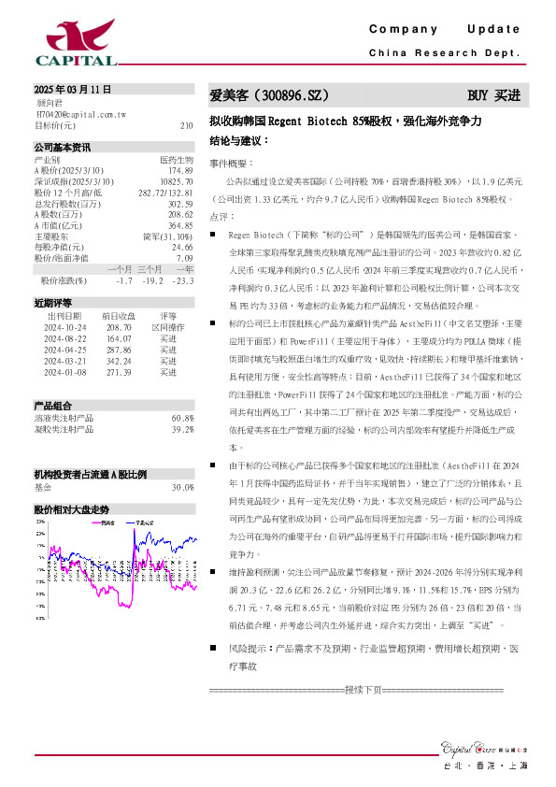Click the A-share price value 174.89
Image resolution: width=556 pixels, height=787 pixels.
(x=180, y=170)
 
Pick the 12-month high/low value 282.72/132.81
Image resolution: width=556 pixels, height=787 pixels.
(x=165, y=192)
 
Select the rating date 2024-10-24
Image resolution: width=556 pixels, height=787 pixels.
(x=65, y=327)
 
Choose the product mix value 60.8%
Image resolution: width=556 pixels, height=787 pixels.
(x=182, y=418)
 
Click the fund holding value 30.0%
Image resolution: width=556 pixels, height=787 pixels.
(x=182, y=487)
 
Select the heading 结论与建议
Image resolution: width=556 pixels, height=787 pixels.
(x=239, y=139)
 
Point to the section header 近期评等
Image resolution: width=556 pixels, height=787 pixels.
(x=53, y=303)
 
